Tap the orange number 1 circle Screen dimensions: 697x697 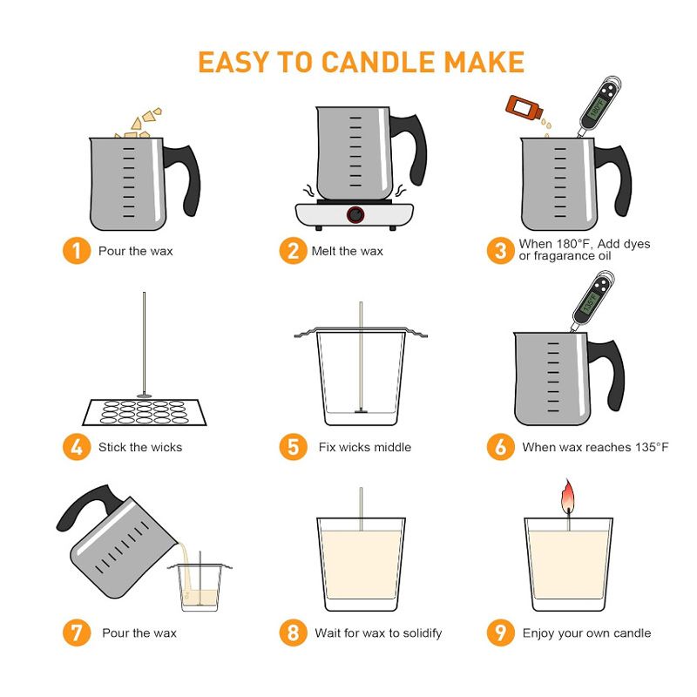(77, 251)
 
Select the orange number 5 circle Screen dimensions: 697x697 (293, 447)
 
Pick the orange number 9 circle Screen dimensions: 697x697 (500, 633)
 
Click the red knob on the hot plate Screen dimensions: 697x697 (355, 215)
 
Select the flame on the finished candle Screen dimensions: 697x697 (568, 496)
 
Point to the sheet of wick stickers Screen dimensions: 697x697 (145, 412)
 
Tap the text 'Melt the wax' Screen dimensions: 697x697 (347, 251)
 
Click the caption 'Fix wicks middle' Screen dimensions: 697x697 (365, 447)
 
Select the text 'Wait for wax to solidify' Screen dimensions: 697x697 (378, 633)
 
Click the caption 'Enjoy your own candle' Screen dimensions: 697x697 (586, 633)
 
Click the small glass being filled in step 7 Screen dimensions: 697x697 (200, 587)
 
